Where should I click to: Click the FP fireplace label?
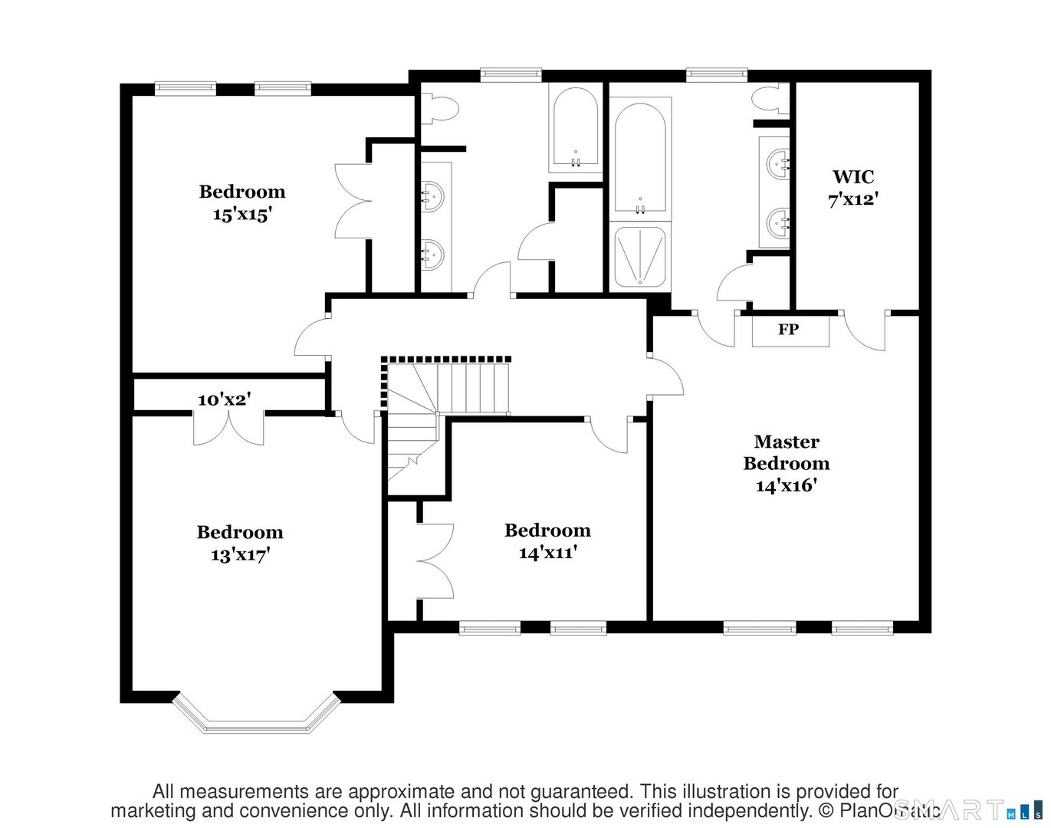pyautogui.click(x=789, y=330)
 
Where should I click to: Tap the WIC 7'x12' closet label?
pyautogui.click(x=852, y=188)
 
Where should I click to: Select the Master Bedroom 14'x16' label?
pyautogui.click(x=787, y=463)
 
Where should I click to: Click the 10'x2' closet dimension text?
pyautogui.click(x=224, y=399)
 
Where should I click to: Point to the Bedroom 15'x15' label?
pyautogui.click(x=241, y=203)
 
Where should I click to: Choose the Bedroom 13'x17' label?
pyautogui.click(x=240, y=543)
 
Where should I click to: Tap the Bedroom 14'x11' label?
pyautogui.click(x=547, y=541)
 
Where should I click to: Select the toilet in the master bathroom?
pyautogui.click(x=770, y=100)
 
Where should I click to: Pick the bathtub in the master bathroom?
pyautogui.click(x=640, y=157)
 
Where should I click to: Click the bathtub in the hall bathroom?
pyautogui.click(x=575, y=128)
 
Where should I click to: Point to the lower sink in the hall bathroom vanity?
pyautogui.click(x=434, y=254)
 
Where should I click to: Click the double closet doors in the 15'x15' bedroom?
pyautogui.click(x=353, y=201)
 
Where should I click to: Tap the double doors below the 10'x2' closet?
pyautogui.click(x=228, y=428)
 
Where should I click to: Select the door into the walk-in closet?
pyautogui.click(x=865, y=330)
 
